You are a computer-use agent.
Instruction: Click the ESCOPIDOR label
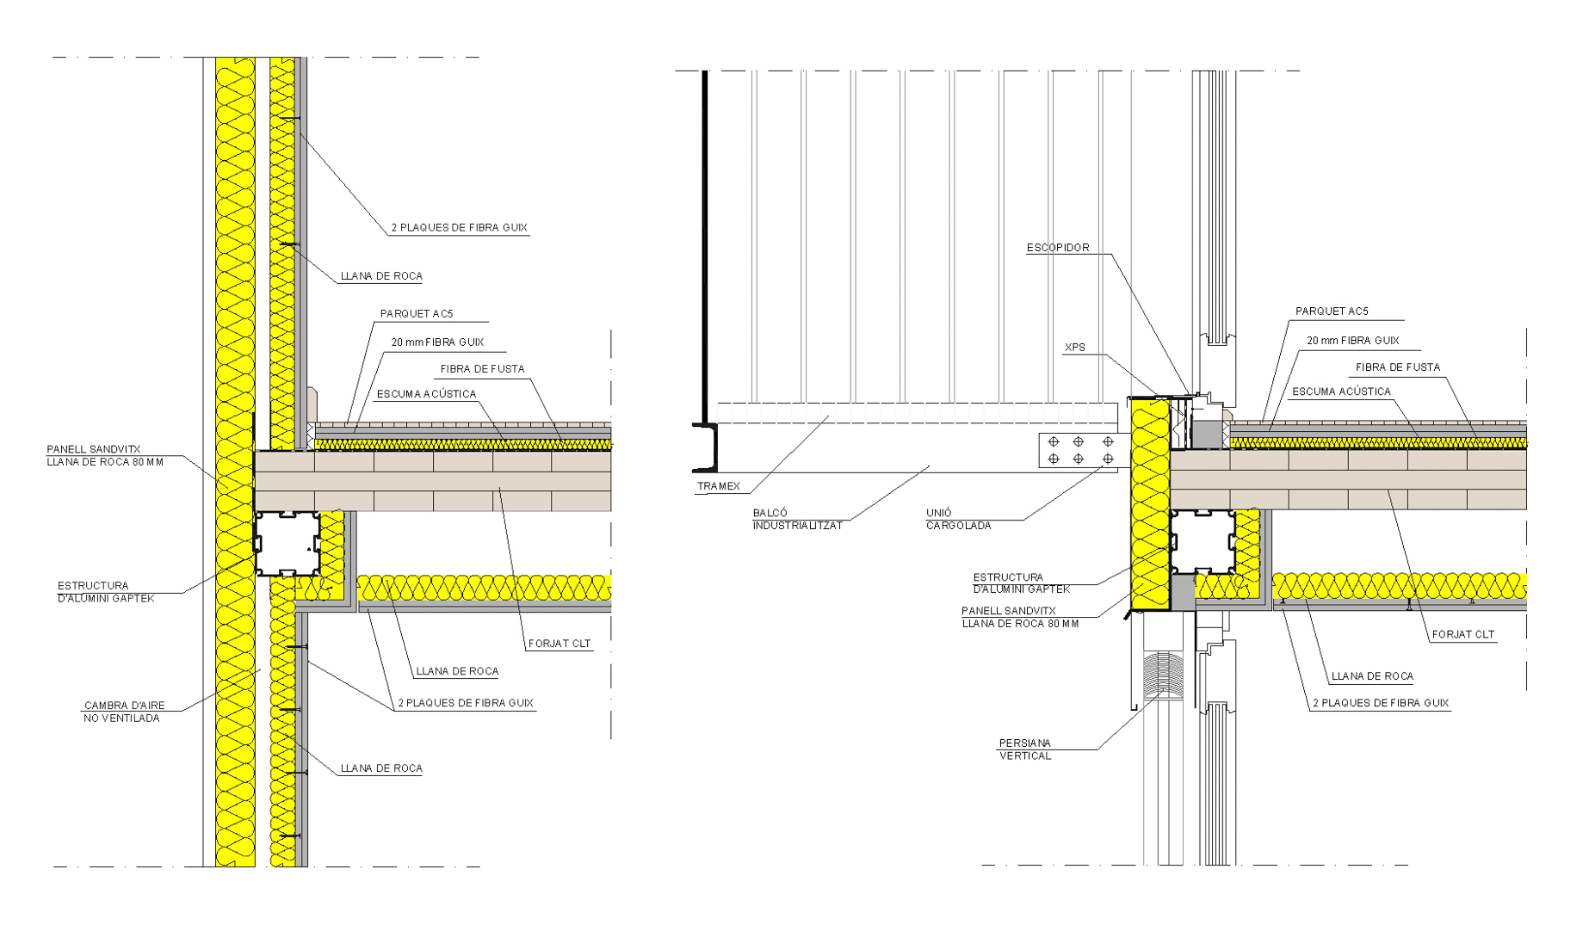pyautogui.click(x=1058, y=248)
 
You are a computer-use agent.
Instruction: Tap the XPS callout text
pyautogui.click(x=1075, y=348)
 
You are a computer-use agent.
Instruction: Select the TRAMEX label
pyautogui.click(x=718, y=487)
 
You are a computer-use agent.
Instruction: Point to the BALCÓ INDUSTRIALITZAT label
pyautogui.click(x=797, y=519)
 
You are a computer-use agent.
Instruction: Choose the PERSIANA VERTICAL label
pyautogui.click(x=1024, y=749)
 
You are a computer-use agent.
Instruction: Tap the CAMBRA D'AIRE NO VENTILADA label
pyautogui.click(x=123, y=712)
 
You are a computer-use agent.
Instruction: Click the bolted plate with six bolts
pyautogui.click(x=1080, y=450)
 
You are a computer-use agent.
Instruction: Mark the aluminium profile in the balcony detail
pyautogui.click(x=1203, y=542)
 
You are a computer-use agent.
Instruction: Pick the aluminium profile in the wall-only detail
pyautogui.click(x=288, y=544)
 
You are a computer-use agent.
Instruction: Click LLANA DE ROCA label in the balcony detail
pyautogui.click(x=1371, y=676)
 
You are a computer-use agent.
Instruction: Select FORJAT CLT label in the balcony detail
pyautogui.click(x=1462, y=635)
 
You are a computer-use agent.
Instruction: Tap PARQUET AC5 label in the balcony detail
pyautogui.click(x=1331, y=311)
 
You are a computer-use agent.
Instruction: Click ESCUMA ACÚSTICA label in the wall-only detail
pyautogui.click(x=426, y=394)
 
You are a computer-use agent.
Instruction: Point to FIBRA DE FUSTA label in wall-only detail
pyautogui.click(x=482, y=369)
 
